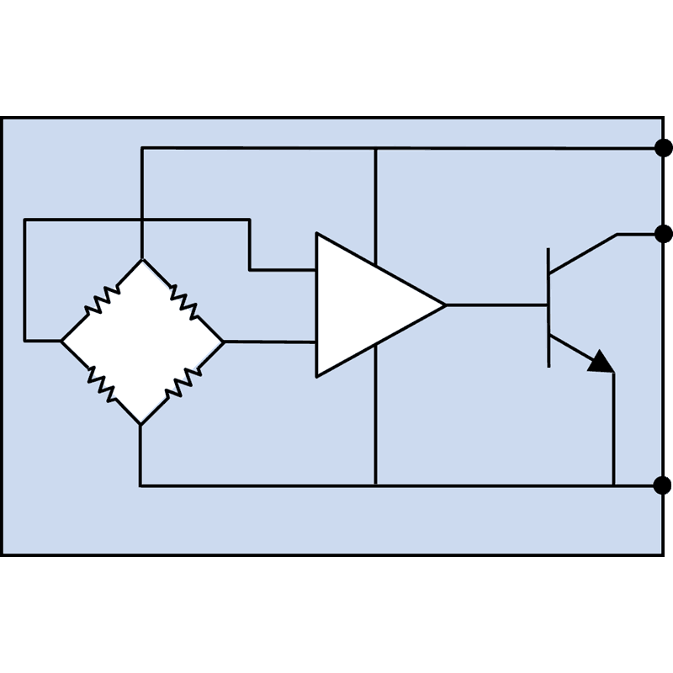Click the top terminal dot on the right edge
point(663,148)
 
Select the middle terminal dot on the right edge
point(663,233)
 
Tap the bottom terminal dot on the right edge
point(663,485)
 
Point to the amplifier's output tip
point(443,305)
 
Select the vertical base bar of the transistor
point(549,306)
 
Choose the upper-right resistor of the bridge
point(183,299)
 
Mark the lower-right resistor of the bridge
point(183,384)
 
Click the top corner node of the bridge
point(141,259)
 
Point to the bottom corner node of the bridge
point(140,424)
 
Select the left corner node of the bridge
point(61,342)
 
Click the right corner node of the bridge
point(224,342)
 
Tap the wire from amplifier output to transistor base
point(496,305)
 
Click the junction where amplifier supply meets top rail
point(375,148)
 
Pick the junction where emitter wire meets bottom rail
point(613,485)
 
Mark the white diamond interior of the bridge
point(141,342)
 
